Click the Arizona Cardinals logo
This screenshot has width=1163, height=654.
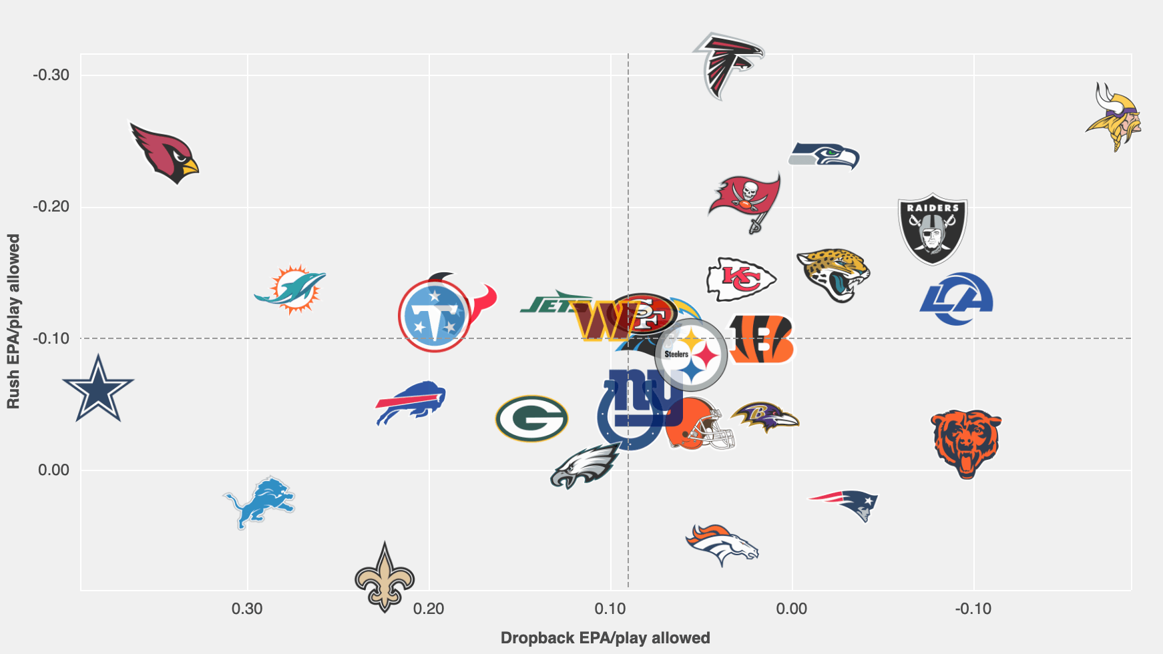click(164, 153)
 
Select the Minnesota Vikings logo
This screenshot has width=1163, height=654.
click(1114, 117)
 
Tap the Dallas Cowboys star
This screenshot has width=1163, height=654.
click(98, 389)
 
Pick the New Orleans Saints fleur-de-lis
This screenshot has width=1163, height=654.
click(385, 577)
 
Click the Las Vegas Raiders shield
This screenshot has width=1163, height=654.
click(933, 229)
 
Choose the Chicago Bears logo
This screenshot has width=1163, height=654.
click(966, 444)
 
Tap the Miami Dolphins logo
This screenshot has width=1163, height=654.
click(290, 289)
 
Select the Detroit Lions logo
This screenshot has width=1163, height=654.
click(259, 502)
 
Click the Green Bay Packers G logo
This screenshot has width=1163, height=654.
click(531, 418)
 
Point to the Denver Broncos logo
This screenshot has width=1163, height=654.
click(722, 545)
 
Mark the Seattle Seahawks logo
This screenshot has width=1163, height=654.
click(824, 155)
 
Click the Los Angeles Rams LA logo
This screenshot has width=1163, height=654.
click(956, 298)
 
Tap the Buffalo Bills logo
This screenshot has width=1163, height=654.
click(410, 403)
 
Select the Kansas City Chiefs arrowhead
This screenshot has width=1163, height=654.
click(741, 279)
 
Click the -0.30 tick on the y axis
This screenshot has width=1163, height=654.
click(51, 75)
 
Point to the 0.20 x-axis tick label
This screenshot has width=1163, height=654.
click(429, 609)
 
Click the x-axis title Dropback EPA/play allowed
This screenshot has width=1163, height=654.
click(605, 638)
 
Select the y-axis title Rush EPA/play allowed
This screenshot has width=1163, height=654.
click(13, 321)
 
